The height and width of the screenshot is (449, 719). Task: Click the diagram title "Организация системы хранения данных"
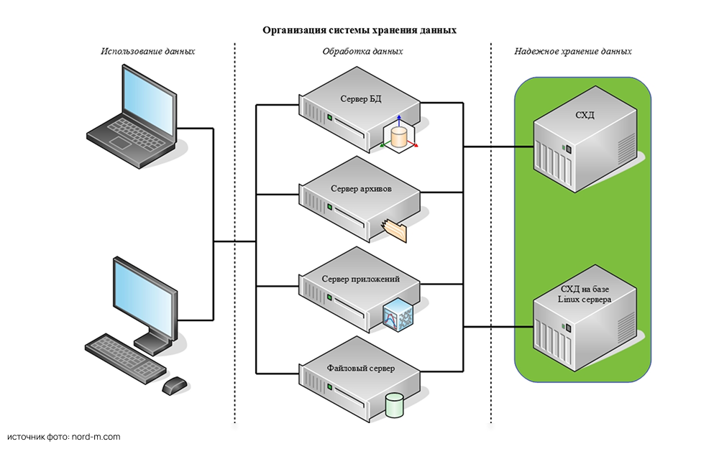pos(359,30)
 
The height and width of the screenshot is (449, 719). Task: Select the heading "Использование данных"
pos(148,52)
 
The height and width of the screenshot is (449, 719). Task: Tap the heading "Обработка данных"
pos(362,52)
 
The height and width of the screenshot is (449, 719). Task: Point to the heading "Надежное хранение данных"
pos(573,52)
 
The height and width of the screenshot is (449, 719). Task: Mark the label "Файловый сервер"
pos(360,369)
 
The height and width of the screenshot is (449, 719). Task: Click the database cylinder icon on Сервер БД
pos(399,134)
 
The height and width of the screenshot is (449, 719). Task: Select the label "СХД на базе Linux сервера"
pos(583,294)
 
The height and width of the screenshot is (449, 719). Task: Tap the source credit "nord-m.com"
pos(96,437)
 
